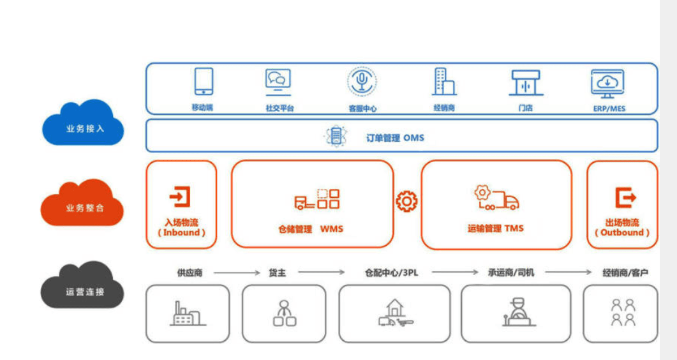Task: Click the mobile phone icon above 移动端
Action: tap(204, 81)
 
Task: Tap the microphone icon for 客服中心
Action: tap(362, 81)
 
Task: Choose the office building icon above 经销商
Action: tap(444, 81)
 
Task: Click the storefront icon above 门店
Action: tap(526, 82)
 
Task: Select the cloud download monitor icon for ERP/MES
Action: tap(607, 84)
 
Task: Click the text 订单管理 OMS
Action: tap(395, 138)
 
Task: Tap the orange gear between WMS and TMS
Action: tap(406, 201)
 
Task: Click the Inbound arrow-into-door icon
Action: tap(180, 197)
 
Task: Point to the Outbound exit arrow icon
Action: tap(625, 198)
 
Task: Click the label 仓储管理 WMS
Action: tap(311, 229)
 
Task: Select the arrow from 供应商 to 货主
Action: tap(237, 273)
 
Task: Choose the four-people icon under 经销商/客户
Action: tap(623, 313)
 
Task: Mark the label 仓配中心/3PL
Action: tap(392, 273)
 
